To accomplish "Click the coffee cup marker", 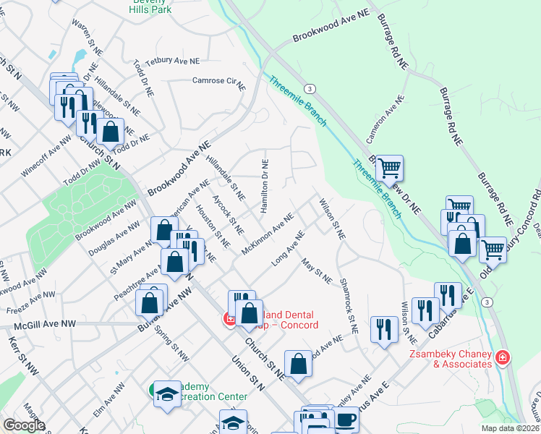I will [345, 419].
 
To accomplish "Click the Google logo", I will [24, 425].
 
